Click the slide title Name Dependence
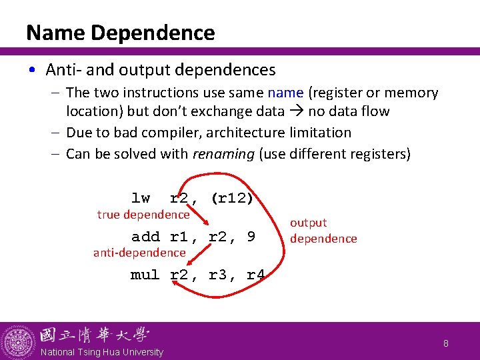pos(120,33)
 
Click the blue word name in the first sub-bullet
pos(285,93)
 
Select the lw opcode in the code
pos(141,198)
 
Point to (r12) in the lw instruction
pos(231,198)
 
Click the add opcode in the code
pos(145,236)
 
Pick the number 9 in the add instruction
pos(251,236)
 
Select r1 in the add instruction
pos(180,236)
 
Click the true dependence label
pos(143,215)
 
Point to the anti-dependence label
pos(139,252)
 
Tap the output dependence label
pos(323,231)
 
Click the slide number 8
pos(446,343)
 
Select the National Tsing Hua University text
pos(101,352)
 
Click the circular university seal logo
pos(18,341)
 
